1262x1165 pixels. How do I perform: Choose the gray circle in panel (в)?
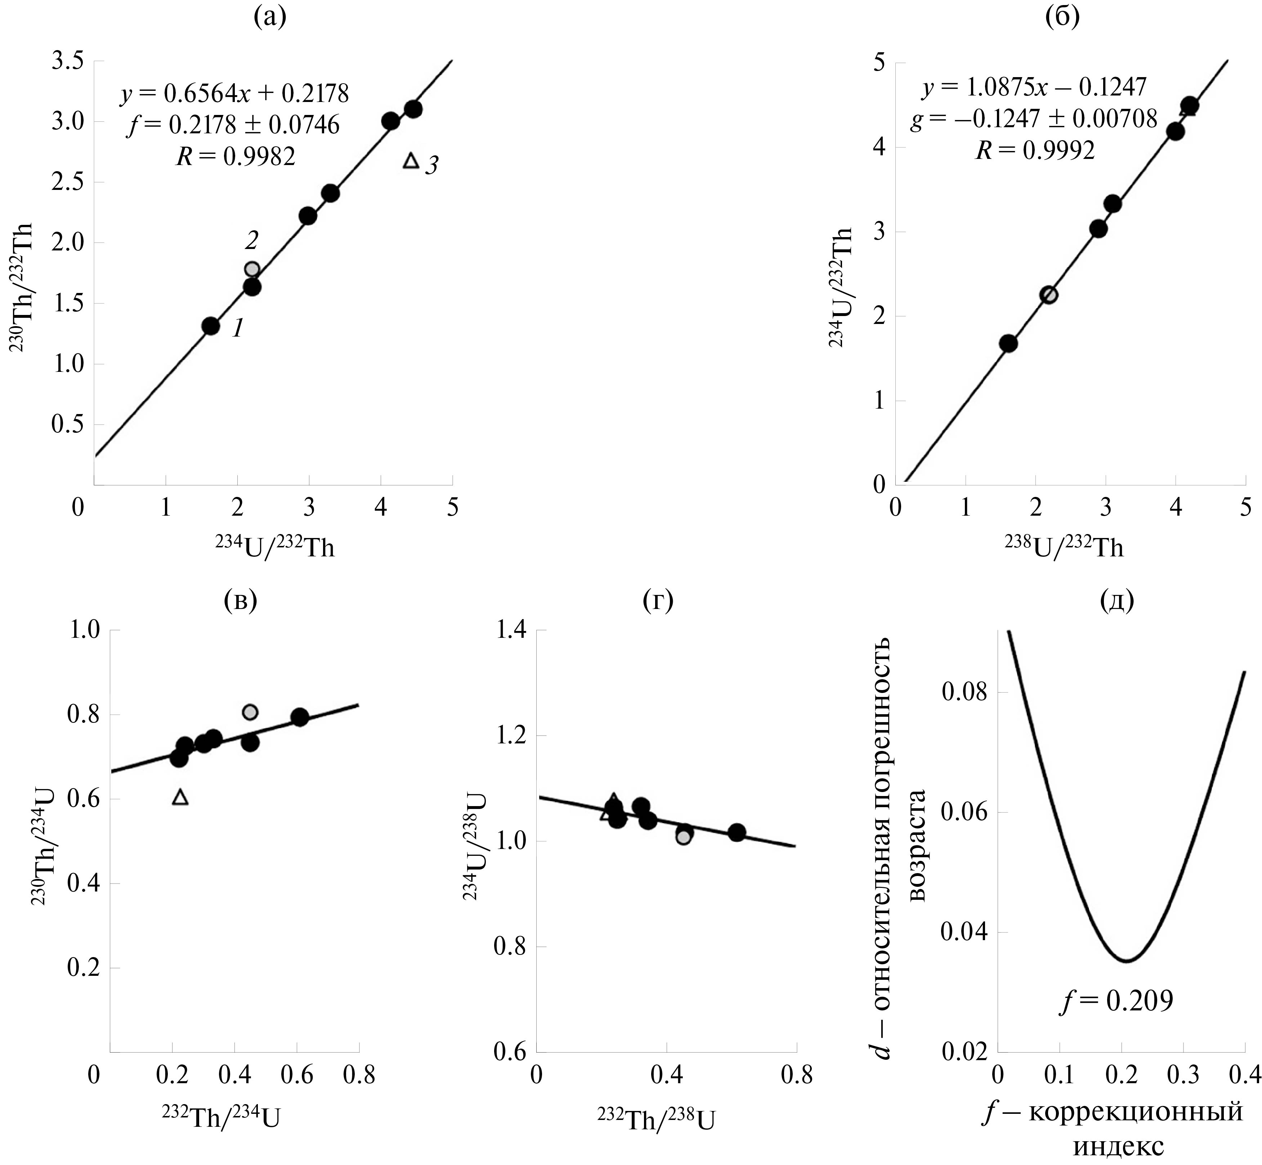[250, 712]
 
